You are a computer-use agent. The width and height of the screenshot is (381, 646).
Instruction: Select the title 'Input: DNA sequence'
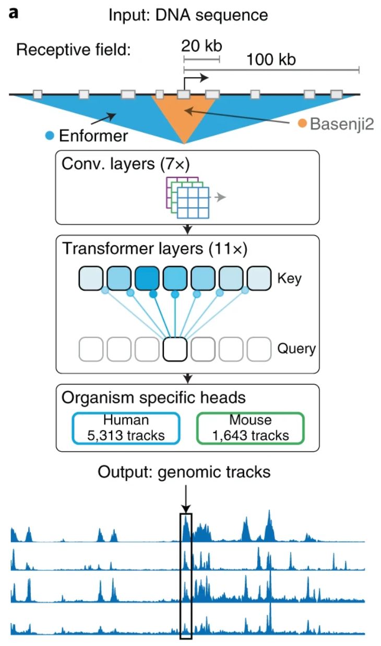(188, 15)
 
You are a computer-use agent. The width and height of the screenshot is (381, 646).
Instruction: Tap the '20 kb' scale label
(201, 45)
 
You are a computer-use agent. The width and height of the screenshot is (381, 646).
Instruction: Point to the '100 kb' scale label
(271, 59)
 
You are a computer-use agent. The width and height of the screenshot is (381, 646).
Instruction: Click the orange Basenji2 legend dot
(302, 124)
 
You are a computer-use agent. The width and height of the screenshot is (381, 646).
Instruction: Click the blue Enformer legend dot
(50, 136)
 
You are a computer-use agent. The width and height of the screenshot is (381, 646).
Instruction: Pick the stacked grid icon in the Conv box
(188, 198)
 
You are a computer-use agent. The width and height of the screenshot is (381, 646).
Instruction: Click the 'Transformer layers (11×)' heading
(154, 248)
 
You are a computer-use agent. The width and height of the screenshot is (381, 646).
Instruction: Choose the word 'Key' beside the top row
(290, 278)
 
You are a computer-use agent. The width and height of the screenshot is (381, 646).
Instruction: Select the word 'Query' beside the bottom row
(296, 349)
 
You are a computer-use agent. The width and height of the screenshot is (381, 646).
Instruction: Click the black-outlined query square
(175, 349)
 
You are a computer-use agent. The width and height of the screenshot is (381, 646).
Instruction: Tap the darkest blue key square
(147, 278)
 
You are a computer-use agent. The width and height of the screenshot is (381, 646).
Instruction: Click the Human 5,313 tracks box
(126, 427)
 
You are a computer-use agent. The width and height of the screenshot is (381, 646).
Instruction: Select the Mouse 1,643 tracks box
(250, 427)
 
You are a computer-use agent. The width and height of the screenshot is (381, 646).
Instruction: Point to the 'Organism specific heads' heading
(153, 398)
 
